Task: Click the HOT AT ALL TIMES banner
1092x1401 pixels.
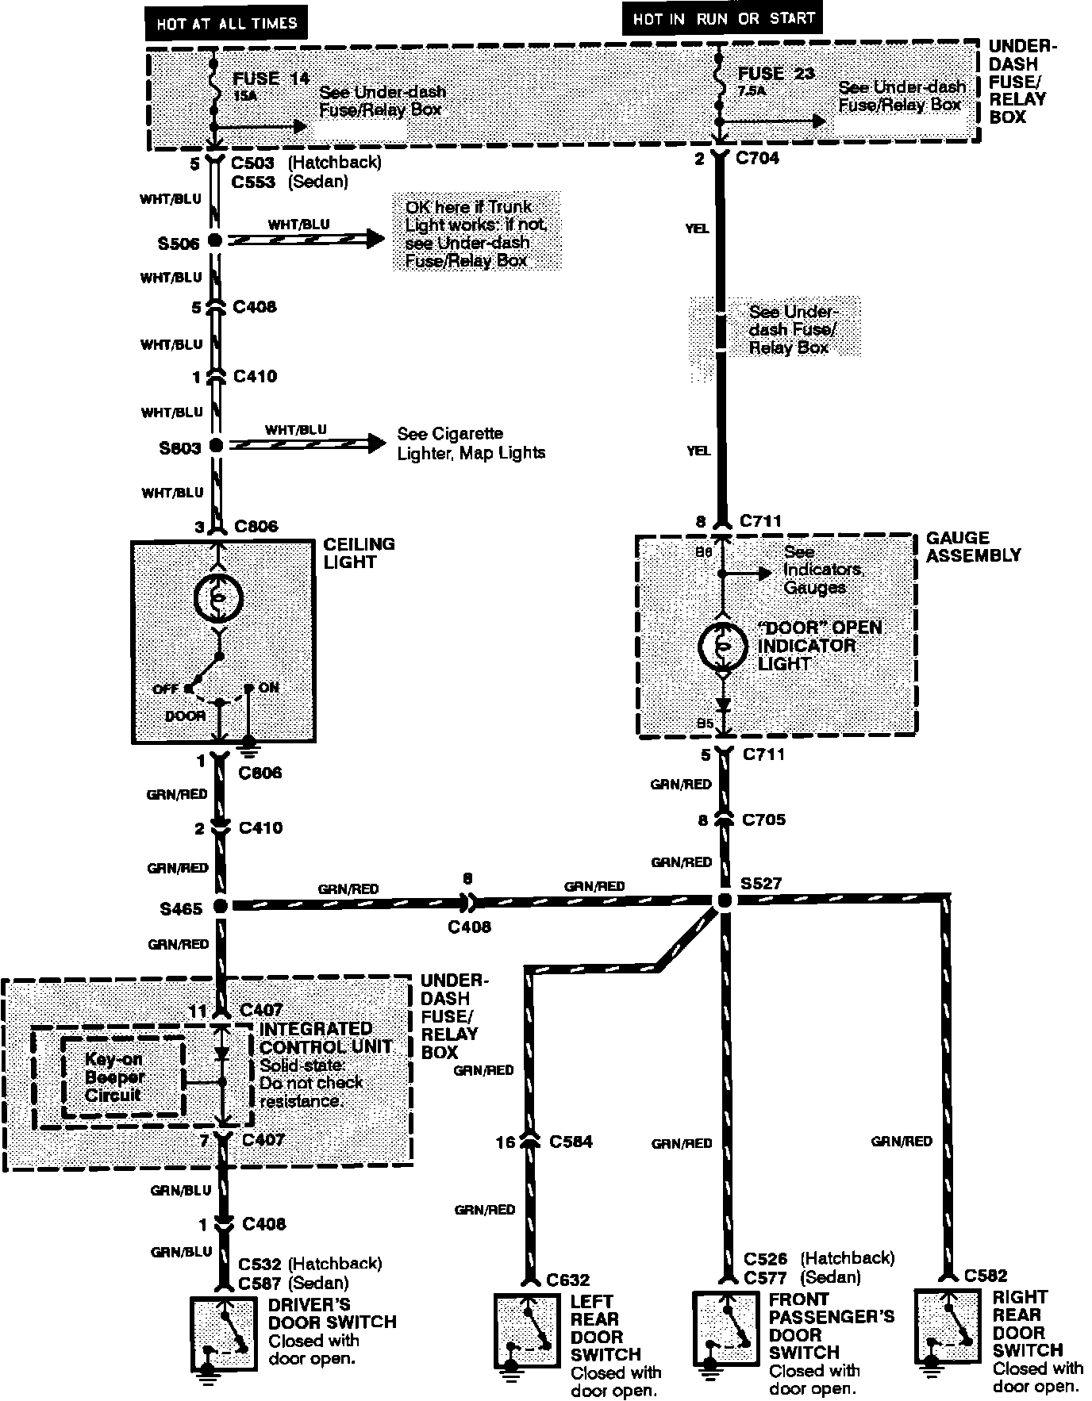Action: click(225, 23)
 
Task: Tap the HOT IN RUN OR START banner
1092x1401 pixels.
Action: click(724, 18)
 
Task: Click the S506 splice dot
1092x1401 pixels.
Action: click(214, 240)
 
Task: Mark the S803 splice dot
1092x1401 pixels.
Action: click(216, 446)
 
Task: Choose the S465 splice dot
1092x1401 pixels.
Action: click(221, 906)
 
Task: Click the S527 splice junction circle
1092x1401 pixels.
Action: click(723, 901)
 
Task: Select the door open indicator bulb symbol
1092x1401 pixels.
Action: click(722, 646)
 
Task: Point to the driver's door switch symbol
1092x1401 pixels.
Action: click(225, 1335)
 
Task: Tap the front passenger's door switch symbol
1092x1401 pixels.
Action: click(725, 1329)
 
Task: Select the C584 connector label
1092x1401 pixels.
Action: click(571, 1142)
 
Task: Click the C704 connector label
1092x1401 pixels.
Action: click(758, 158)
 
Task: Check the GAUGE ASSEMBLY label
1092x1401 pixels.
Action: click(973, 547)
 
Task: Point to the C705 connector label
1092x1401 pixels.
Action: click(763, 819)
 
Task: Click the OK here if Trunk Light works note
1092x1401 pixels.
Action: click(476, 233)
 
